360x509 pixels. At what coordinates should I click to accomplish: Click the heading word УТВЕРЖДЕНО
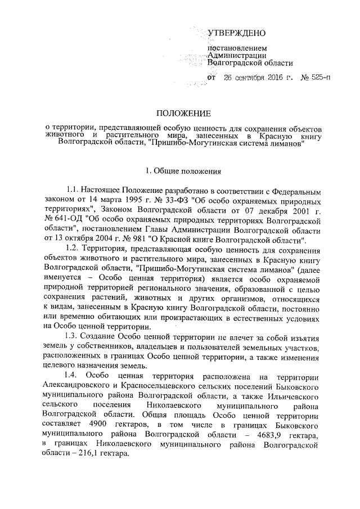[x=237, y=35]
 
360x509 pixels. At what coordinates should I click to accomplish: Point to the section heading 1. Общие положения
[x=183, y=170]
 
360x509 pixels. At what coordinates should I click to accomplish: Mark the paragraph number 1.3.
[x=74, y=336]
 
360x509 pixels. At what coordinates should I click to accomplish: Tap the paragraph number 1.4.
[x=74, y=376]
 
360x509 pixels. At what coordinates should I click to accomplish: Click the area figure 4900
[x=103, y=424]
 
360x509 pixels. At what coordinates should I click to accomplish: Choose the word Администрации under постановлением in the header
[x=237, y=55]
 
